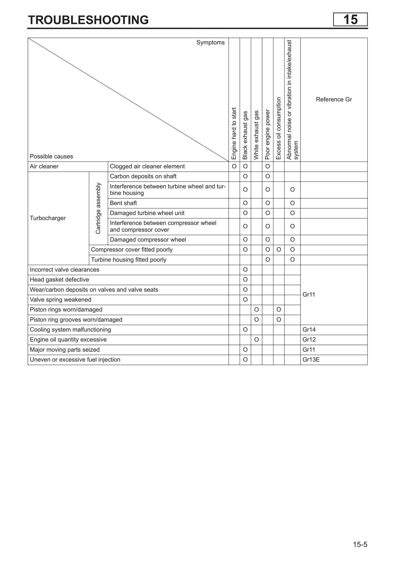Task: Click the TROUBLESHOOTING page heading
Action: click(88, 20)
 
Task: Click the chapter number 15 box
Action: click(350, 20)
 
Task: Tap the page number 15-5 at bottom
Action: click(360, 544)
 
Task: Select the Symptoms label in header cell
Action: click(210, 42)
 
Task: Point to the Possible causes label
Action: click(51, 156)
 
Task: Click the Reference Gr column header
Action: click(334, 99)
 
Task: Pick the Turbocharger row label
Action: click(48, 218)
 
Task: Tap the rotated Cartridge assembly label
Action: click(98, 208)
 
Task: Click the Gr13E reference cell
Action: click(311, 360)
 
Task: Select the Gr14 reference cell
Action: click(309, 330)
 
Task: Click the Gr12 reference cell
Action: click(309, 340)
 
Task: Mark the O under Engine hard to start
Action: click(234, 166)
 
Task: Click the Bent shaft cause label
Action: click(123, 203)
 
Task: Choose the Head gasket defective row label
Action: click(59, 280)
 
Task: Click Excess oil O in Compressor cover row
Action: click(279, 250)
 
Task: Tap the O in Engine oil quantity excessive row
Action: click(256, 340)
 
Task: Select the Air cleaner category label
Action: click(44, 166)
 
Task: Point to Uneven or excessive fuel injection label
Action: click(75, 360)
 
